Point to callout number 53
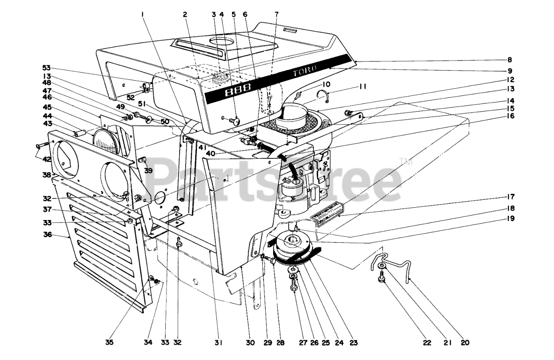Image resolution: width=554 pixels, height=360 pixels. tap(46, 67)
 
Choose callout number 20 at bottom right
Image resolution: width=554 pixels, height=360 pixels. tap(465, 342)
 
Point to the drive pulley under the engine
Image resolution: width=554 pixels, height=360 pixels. tap(293, 244)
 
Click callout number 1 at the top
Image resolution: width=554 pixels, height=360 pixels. tap(142, 14)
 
